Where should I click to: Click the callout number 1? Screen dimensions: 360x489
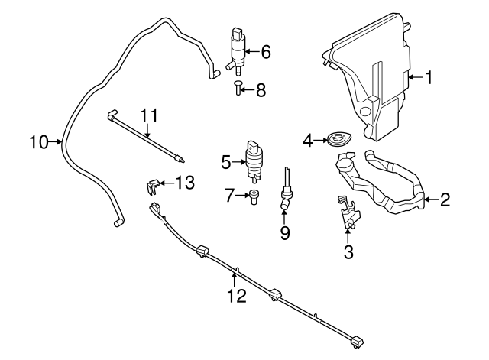(x=429, y=76)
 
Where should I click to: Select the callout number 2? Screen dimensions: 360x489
(x=445, y=200)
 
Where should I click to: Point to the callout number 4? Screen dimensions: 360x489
(x=309, y=140)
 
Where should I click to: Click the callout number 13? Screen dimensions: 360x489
(x=185, y=183)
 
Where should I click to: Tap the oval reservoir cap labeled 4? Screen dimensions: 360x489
(x=336, y=140)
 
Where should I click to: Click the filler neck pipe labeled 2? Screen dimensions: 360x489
(x=382, y=183)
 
